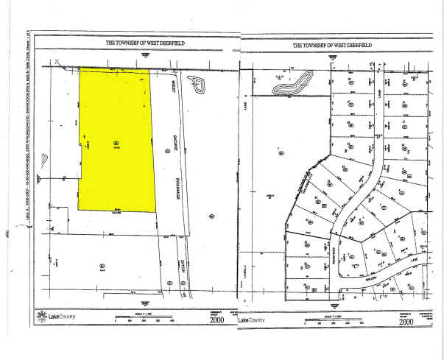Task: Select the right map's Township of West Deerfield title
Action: [332, 45]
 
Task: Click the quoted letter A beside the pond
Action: [280, 77]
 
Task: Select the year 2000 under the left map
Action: [217, 320]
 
